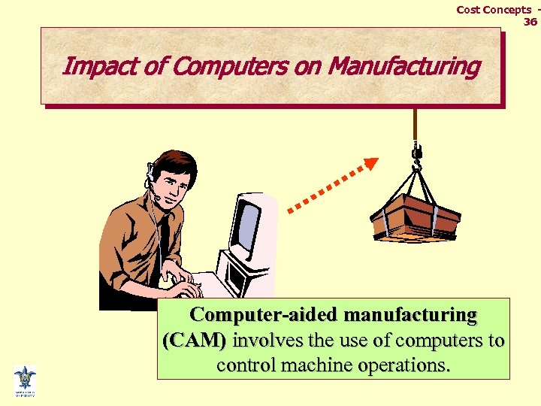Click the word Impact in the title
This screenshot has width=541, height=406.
pyautogui.click(x=90, y=66)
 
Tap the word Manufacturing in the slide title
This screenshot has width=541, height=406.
pyautogui.click(x=404, y=66)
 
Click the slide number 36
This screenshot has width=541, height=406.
pyautogui.click(x=530, y=22)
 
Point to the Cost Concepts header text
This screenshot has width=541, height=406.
pyautogui.click(x=494, y=10)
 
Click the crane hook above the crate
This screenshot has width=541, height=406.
pyautogui.click(x=416, y=155)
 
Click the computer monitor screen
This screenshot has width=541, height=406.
pyautogui.click(x=248, y=225)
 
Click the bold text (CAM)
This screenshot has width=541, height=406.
pyautogui.click(x=194, y=341)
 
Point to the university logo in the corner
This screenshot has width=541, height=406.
pyautogui.click(x=25, y=380)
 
